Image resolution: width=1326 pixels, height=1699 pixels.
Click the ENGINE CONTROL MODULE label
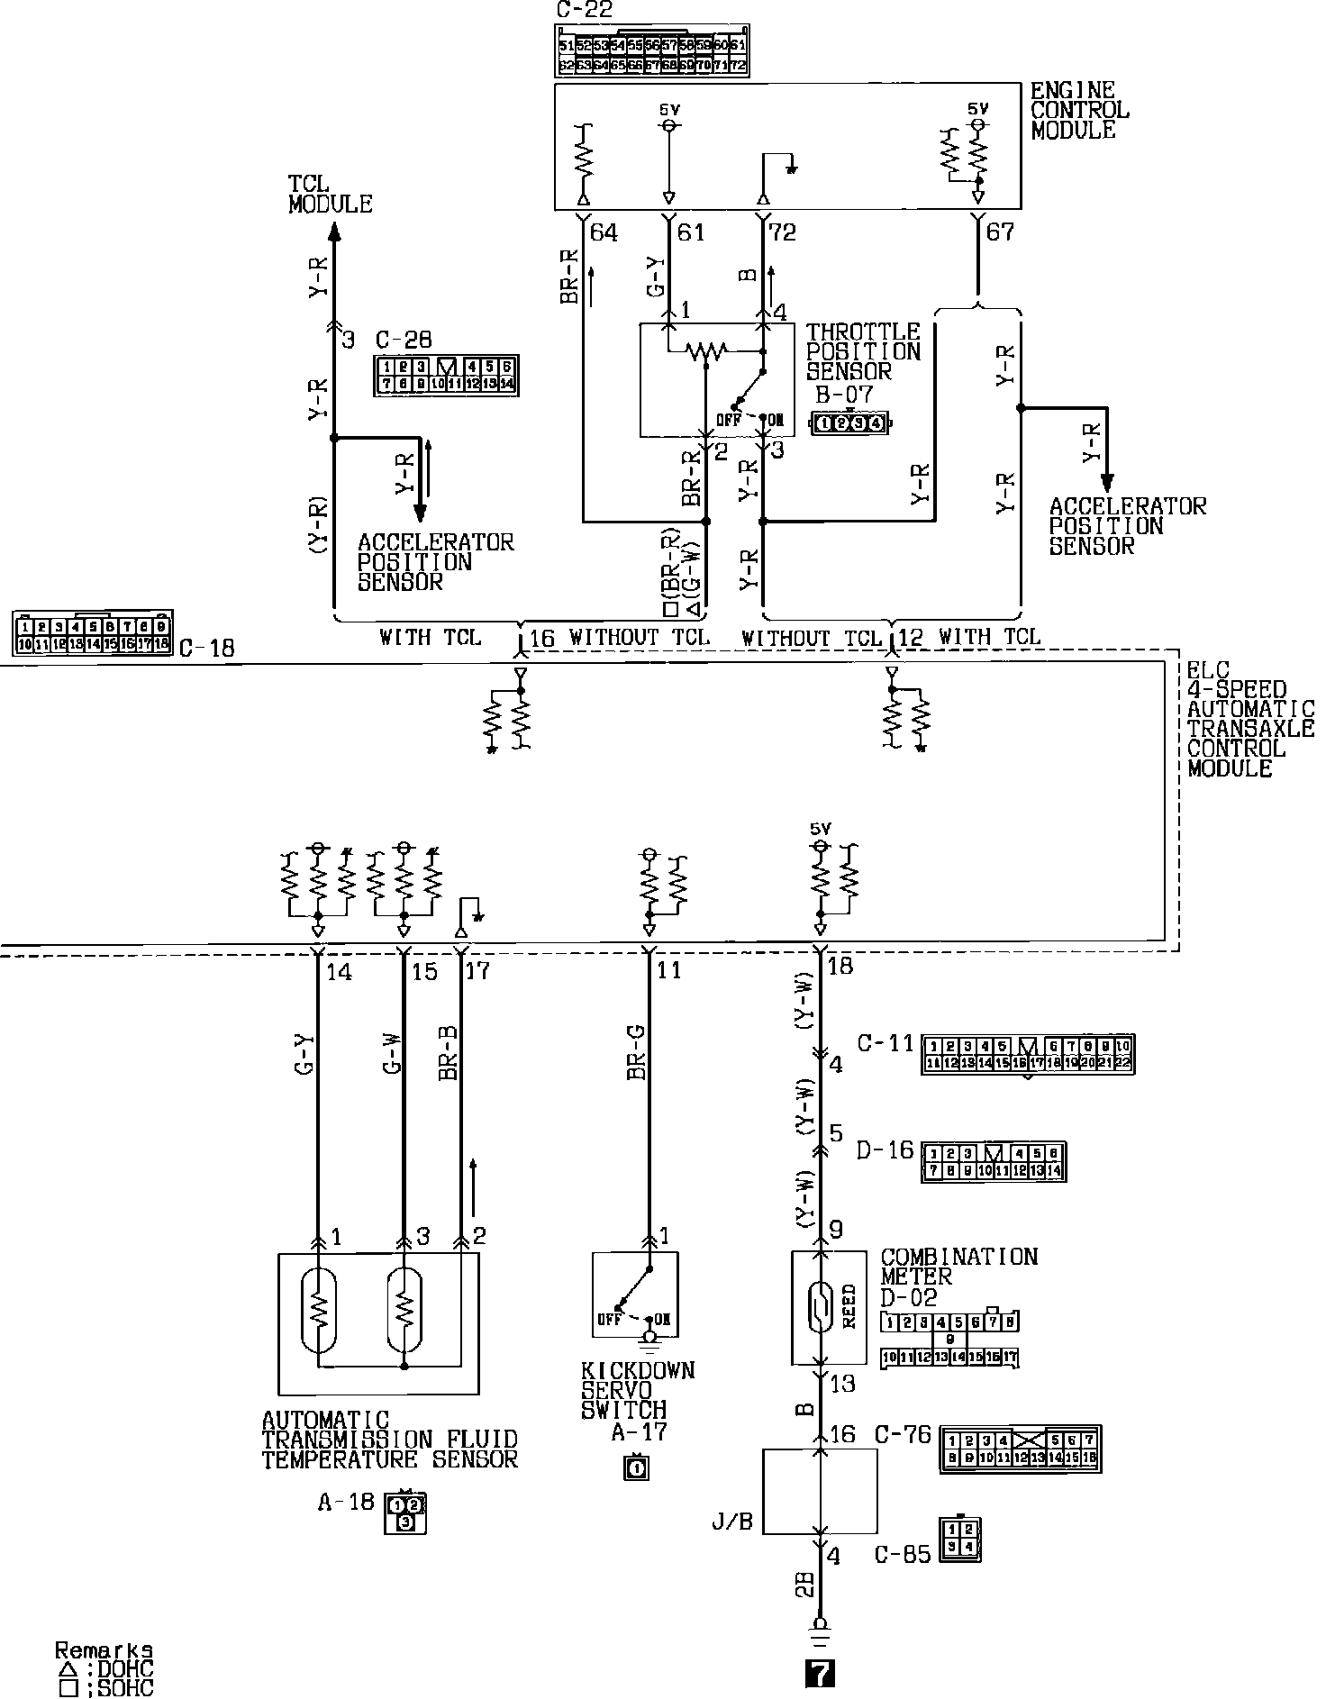point(1079,111)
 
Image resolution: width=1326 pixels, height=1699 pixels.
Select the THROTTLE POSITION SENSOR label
point(863,352)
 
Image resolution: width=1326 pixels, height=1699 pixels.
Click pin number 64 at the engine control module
point(603,233)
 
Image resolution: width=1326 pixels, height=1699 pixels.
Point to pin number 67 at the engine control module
point(1000,232)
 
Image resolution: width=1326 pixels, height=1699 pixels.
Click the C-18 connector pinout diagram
point(93,633)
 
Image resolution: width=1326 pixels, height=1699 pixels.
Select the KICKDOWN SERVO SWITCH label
point(637,1390)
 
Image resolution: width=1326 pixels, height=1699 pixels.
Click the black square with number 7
point(819,1673)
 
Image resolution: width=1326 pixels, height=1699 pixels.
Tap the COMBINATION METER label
point(958,1267)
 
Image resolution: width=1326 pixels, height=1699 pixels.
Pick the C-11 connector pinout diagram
point(1028,1055)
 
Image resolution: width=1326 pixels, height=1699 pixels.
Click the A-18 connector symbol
point(405,1513)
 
